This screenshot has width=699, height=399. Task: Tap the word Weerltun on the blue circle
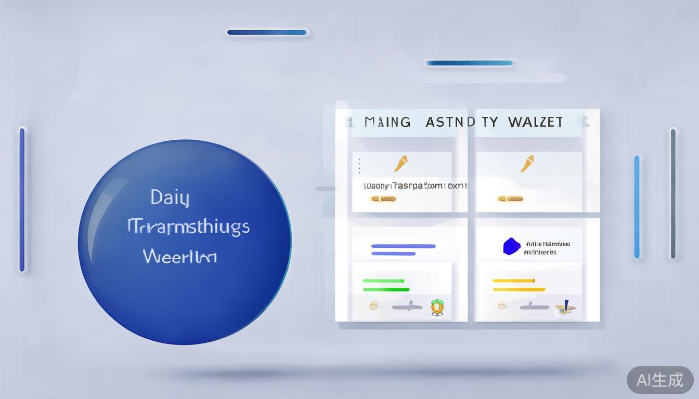[x=179, y=256]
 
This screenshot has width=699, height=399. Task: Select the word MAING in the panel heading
[x=387, y=122]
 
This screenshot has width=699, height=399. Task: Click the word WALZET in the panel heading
[x=535, y=122]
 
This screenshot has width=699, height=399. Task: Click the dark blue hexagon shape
[x=511, y=246]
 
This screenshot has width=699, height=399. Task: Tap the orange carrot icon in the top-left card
[x=400, y=163]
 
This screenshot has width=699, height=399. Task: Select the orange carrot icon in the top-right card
[x=527, y=163]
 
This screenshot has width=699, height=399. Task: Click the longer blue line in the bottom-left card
[x=403, y=246]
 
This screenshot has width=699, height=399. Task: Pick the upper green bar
[x=383, y=281]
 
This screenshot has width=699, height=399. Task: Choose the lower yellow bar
[x=519, y=289]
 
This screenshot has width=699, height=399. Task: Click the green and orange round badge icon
[x=437, y=308]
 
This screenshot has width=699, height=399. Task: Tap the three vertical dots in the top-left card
[x=359, y=166]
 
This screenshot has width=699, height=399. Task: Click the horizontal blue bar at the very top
[x=267, y=32]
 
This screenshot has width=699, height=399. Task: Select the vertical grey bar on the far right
[x=673, y=193]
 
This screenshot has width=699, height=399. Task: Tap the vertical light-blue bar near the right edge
[x=637, y=207]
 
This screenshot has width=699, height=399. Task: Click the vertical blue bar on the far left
[x=22, y=199]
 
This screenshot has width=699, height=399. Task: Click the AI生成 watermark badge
[x=660, y=380]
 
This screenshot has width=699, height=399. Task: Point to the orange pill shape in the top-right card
[x=510, y=198]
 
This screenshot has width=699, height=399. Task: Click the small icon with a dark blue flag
[x=565, y=307]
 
